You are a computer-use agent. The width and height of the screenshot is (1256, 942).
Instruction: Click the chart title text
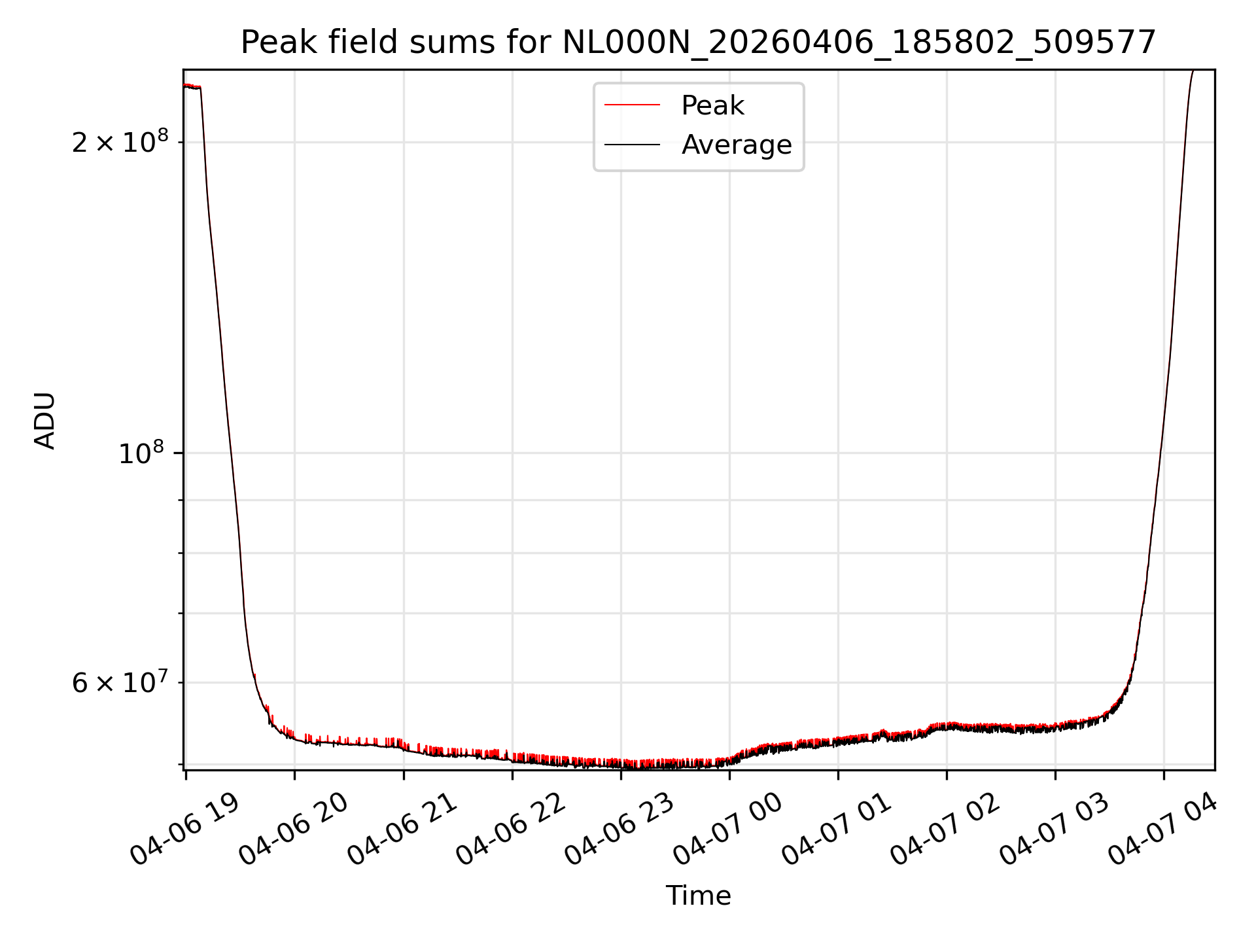pos(698,43)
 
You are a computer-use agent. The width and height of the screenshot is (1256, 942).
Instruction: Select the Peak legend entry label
pos(712,105)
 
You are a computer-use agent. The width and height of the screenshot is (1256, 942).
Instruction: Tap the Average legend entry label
pos(737,145)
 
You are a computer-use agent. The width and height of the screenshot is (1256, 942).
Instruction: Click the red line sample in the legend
pos(632,105)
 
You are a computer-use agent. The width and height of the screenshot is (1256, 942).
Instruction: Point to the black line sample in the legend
pos(632,145)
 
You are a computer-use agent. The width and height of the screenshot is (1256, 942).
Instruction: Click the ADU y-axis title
pos(45,420)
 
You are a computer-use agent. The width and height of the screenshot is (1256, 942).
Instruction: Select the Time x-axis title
pos(698,896)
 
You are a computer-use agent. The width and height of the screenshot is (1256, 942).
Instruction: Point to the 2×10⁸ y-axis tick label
pos(120,141)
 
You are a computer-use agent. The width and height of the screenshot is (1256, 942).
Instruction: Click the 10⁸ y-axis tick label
pos(143,452)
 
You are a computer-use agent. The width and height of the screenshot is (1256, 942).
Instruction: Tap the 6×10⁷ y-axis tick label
pos(120,682)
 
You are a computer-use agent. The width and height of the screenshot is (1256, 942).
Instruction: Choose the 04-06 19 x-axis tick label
pos(185,829)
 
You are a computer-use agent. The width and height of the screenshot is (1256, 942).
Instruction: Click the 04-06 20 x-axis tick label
pos(294,829)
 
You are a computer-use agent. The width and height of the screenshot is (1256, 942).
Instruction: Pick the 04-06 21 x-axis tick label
pos(402,829)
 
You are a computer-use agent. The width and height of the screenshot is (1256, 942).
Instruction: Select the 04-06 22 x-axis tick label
pos(511,829)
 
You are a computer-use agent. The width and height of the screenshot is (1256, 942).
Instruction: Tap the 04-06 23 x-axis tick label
pos(619,829)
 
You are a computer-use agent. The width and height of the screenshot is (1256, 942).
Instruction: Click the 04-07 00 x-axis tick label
pos(728,829)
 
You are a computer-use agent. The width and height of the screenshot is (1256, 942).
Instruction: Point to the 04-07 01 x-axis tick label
pos(837,829)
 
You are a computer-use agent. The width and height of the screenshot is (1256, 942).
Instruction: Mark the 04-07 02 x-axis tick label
pos(945,829)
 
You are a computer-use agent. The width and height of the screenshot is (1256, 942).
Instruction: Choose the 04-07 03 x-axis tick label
pos(1054,829)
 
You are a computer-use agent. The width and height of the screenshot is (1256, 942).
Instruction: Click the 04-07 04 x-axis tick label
pos(1162,829)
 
